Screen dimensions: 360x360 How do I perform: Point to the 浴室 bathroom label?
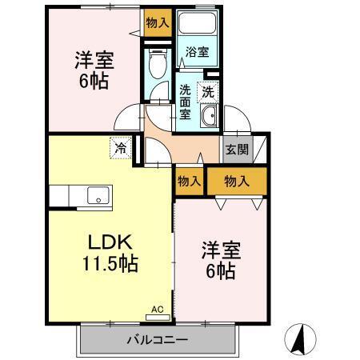(x=197, y=53)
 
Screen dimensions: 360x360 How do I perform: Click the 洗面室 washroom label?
(x=185, y=102)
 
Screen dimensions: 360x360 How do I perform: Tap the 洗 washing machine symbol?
(x=208, y=92)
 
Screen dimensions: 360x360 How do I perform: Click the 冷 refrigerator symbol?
(x=119, y=148)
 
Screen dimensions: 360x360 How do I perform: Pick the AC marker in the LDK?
(x=158, y=306)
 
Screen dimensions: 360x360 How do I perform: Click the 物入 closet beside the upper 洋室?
(x=157, y=23)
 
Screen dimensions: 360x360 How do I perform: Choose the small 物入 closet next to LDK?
(x=189, y=181)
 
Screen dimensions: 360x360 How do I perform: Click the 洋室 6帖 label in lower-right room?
(x=218, y=261)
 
